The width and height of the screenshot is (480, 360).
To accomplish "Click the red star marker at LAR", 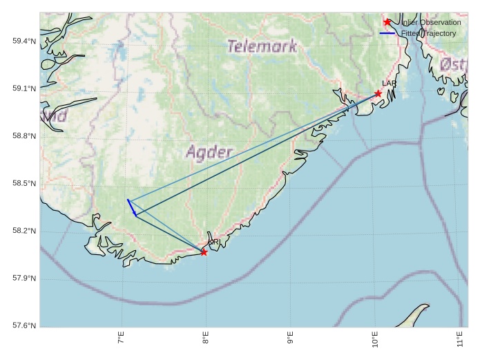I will tap(378, 93).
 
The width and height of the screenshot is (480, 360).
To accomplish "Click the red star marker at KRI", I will tap(204, 252).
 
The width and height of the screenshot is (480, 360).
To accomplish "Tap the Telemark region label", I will tap(262, 46).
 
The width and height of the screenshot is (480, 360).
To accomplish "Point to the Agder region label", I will tap(209, 152).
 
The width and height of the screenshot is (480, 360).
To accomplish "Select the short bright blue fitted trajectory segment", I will tap(132, 207).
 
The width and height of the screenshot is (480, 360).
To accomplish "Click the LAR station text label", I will tap(389, 84).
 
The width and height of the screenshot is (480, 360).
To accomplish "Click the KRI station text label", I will tap(214, 242).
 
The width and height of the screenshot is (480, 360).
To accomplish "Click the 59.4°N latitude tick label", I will tap(24, 41).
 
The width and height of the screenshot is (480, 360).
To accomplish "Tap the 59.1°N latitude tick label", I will tap(24, 88).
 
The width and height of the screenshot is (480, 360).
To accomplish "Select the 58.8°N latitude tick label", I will tap(24, 136).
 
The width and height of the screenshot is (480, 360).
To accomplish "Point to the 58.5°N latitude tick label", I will tap(24, 184).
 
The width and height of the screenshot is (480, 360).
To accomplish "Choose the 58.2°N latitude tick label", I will tap(24, 231).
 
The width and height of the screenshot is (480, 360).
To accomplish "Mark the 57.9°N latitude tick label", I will tap(24, 278).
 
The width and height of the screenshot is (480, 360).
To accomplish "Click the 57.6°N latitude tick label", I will tap(24, 325).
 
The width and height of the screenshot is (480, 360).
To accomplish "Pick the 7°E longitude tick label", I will tap(122, 341).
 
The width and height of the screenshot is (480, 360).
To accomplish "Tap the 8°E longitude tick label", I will tap(206, 341).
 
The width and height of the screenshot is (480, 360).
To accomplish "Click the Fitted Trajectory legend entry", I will tap(428, 33).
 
